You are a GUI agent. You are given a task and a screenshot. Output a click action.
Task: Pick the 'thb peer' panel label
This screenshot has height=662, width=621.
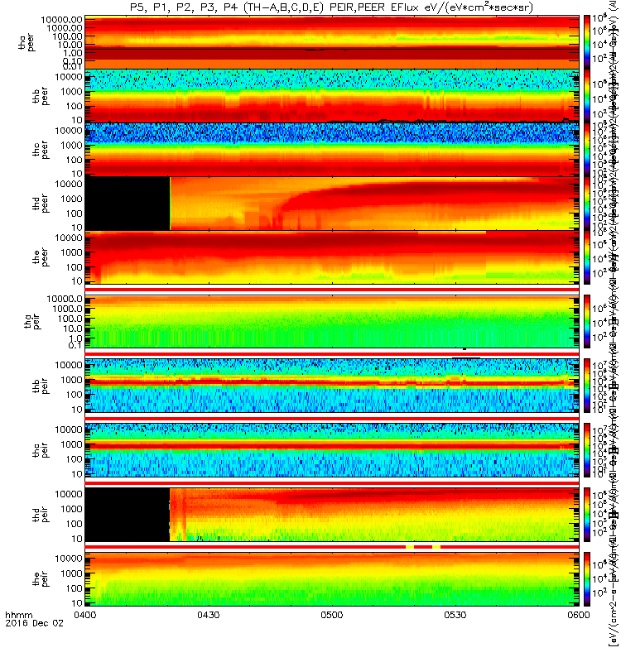coord(26,95)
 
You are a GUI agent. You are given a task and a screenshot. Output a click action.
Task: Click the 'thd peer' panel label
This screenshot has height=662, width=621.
coord(26,204)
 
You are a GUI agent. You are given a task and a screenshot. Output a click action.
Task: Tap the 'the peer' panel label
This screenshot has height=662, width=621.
coord(26,257)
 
